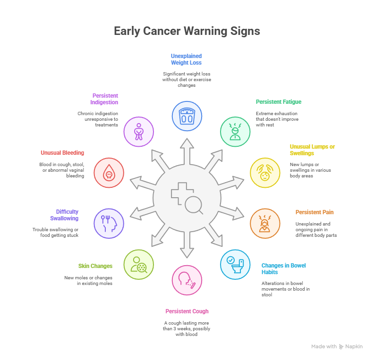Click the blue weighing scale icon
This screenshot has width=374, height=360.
[x=187, y=116]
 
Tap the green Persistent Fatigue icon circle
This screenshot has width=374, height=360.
[x=235, y=132]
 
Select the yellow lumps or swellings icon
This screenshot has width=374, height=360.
[x=265, y=173]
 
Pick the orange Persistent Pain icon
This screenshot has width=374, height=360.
[x=265, y=224]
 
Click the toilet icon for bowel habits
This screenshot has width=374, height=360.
[x=235, y=265]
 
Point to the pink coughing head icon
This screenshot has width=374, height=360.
[x=187, y=280]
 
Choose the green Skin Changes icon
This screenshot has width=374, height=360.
[x=138, y=265]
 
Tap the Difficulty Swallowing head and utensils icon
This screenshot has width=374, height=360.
[x=109, y=224]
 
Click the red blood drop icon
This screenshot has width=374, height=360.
[x=109, y=173]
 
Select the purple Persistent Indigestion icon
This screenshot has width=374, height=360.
[x=138, y=132]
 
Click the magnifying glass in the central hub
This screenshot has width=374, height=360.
[x=194, y=205]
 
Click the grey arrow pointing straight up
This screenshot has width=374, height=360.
[x=187, y=151]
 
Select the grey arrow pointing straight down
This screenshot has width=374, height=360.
[x=187, y=245]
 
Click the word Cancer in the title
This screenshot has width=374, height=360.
[x=161, y=31]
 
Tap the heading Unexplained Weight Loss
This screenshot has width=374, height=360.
[x=186, y=59]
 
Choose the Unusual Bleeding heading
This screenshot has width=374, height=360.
[x=62, y=153]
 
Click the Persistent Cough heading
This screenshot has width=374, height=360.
[x=187, y=311]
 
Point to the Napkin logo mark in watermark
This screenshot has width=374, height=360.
[x=341, y=347]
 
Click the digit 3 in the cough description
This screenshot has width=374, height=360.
[x=175, y=329]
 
